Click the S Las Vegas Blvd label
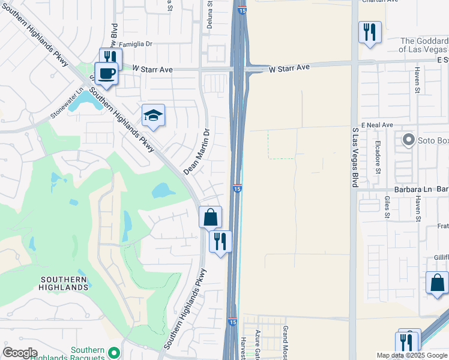(355, 158)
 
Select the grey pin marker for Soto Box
(409, 140)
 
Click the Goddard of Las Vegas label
(424, 45)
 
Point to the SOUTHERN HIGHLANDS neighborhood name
(65, 283)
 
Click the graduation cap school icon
(154, 115)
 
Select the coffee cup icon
(106, 73)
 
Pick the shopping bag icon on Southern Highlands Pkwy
(211, 217)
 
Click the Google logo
(20, 353)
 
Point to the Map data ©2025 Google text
(412, 355)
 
